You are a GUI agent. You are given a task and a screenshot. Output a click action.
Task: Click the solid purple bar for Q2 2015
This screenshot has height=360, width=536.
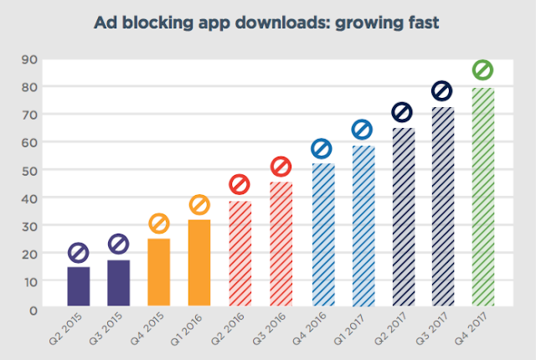tap(79, 286)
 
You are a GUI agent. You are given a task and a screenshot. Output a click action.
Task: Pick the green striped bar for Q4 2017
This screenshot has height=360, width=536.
tap(482, 198)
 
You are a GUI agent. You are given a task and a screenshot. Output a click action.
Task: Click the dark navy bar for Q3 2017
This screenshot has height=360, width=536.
tap(442, 207)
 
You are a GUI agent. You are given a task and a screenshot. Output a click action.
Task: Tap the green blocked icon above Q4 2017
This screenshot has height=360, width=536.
tap(482, 69)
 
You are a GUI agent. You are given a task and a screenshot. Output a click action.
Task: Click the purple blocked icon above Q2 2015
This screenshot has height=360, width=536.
tap(79, 252)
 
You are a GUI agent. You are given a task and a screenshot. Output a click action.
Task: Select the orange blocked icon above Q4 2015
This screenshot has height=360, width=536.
tap(159, 224)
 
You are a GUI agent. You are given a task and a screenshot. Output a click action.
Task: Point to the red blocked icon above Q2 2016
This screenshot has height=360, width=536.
tap(240, 184)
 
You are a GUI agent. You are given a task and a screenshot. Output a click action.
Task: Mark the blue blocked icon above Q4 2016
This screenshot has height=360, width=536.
tap(322, 149)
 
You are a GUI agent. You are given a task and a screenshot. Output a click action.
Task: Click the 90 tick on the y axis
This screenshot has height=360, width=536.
tap(30, 59)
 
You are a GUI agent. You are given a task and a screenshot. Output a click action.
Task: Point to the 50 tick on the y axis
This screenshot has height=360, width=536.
tap(30, 170)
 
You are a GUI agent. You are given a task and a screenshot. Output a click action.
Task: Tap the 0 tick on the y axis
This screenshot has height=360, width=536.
tap(33, 310)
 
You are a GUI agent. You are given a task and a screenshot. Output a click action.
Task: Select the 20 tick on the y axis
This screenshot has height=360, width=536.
tap(30, 254)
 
